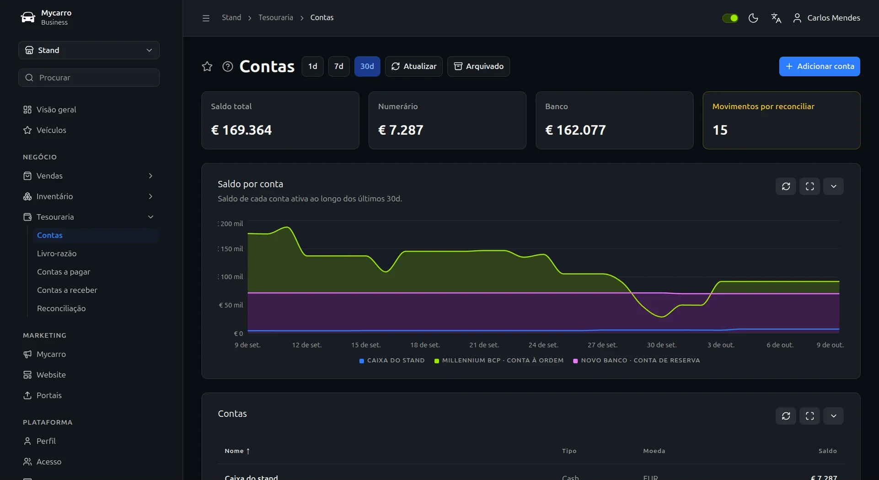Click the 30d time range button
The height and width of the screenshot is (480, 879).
coord(367,66)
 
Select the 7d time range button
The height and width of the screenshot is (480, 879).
coord(338,66)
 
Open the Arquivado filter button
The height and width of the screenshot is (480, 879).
coord(478,66)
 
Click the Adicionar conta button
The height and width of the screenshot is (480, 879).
coord(820,66)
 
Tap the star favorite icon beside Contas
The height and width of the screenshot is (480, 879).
coord(207,66)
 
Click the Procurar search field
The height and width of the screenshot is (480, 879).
coord(89,78)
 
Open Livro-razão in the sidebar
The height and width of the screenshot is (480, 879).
coord(57,253)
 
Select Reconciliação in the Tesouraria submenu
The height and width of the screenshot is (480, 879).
coord(61,308)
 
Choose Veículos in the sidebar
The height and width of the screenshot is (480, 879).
coord(51,130)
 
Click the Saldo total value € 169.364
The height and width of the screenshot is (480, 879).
coord(241,130)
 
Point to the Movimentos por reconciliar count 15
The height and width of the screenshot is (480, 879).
coord(720,130)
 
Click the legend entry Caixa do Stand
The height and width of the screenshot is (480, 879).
coord(392,361)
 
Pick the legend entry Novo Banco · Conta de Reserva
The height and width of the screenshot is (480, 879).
coord(637,361)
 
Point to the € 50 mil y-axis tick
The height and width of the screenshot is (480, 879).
coord(231,305)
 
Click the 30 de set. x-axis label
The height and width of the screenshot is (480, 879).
coord(661,345)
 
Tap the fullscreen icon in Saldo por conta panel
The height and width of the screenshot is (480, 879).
coord(809,186)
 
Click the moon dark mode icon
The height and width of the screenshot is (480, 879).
coord(753,18)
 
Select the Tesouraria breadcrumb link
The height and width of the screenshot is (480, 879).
coord(276,17)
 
